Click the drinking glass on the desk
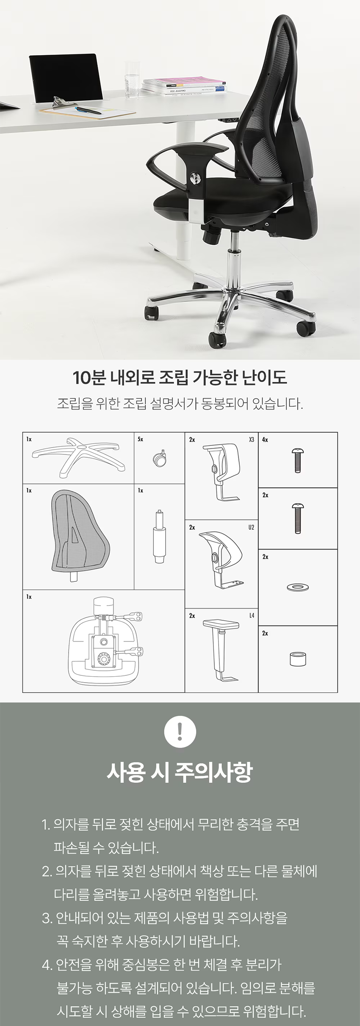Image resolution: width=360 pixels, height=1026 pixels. (x=132, y=79)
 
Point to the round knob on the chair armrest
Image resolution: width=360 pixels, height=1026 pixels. (x=195, y=178)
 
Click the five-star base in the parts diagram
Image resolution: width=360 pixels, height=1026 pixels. (x=79, y=458)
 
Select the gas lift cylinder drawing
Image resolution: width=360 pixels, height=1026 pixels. (x=159, y=537)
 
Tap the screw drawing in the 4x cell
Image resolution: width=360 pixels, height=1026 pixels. (x=297, y=461)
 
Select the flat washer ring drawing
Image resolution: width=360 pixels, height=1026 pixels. (x=298, y=587)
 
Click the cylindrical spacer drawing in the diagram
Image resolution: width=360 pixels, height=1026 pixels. (x=298, y=659)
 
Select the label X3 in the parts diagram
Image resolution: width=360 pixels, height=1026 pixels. (x=252, y=440)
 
